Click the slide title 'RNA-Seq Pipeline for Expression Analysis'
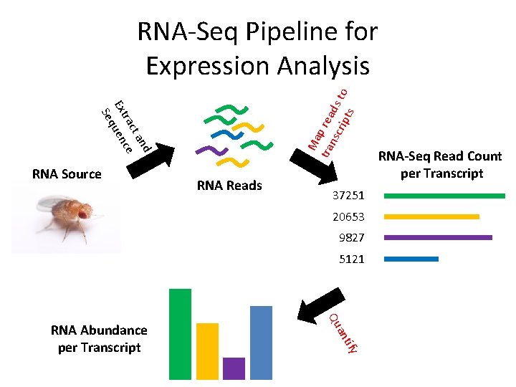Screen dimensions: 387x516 tap(258, 49)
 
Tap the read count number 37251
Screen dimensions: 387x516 tap(348, 196)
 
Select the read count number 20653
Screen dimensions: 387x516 tap(348, 217)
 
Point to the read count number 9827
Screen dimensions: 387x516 tap(351, 238)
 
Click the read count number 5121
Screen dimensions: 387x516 tap(351, 259)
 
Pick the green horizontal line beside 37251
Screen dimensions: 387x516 tap(444, 196)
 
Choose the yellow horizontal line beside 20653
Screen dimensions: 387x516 tap(431, 216)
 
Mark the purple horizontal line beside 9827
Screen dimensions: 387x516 tap(438, 237)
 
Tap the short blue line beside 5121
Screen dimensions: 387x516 tap(411, 259)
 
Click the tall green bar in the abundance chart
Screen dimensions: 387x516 tap(180, 333)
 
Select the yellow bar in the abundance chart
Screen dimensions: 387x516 tap(207, 350)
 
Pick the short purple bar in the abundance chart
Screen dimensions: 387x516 tap(234, 368)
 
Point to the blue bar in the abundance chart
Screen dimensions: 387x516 tap(261, 342)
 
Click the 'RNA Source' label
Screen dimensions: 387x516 tap(67, 173)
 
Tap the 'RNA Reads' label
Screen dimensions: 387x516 tap(229, 186)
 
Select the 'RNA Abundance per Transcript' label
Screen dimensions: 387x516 tap(99, 339)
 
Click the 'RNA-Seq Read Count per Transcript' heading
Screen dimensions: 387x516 tap(440, 165)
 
